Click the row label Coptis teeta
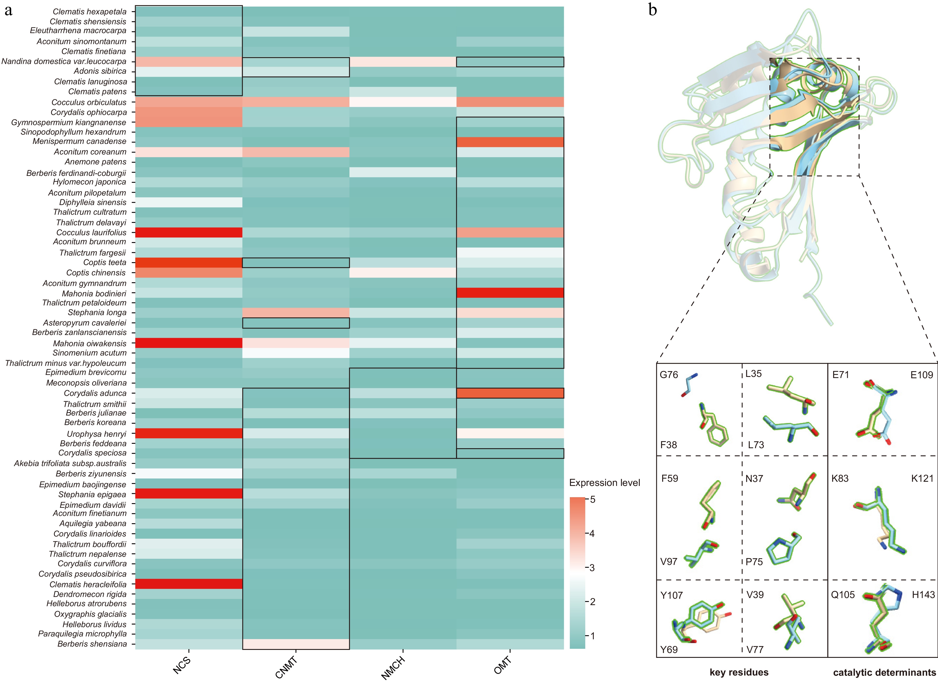(x=105, y=262)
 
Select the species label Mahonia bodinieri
(x=94, y=293)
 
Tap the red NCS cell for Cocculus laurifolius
(x=189, y=233)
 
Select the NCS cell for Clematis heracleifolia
(x=189, y=584)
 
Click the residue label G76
(x=669, y=375)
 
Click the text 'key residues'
(x=739, y=672)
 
